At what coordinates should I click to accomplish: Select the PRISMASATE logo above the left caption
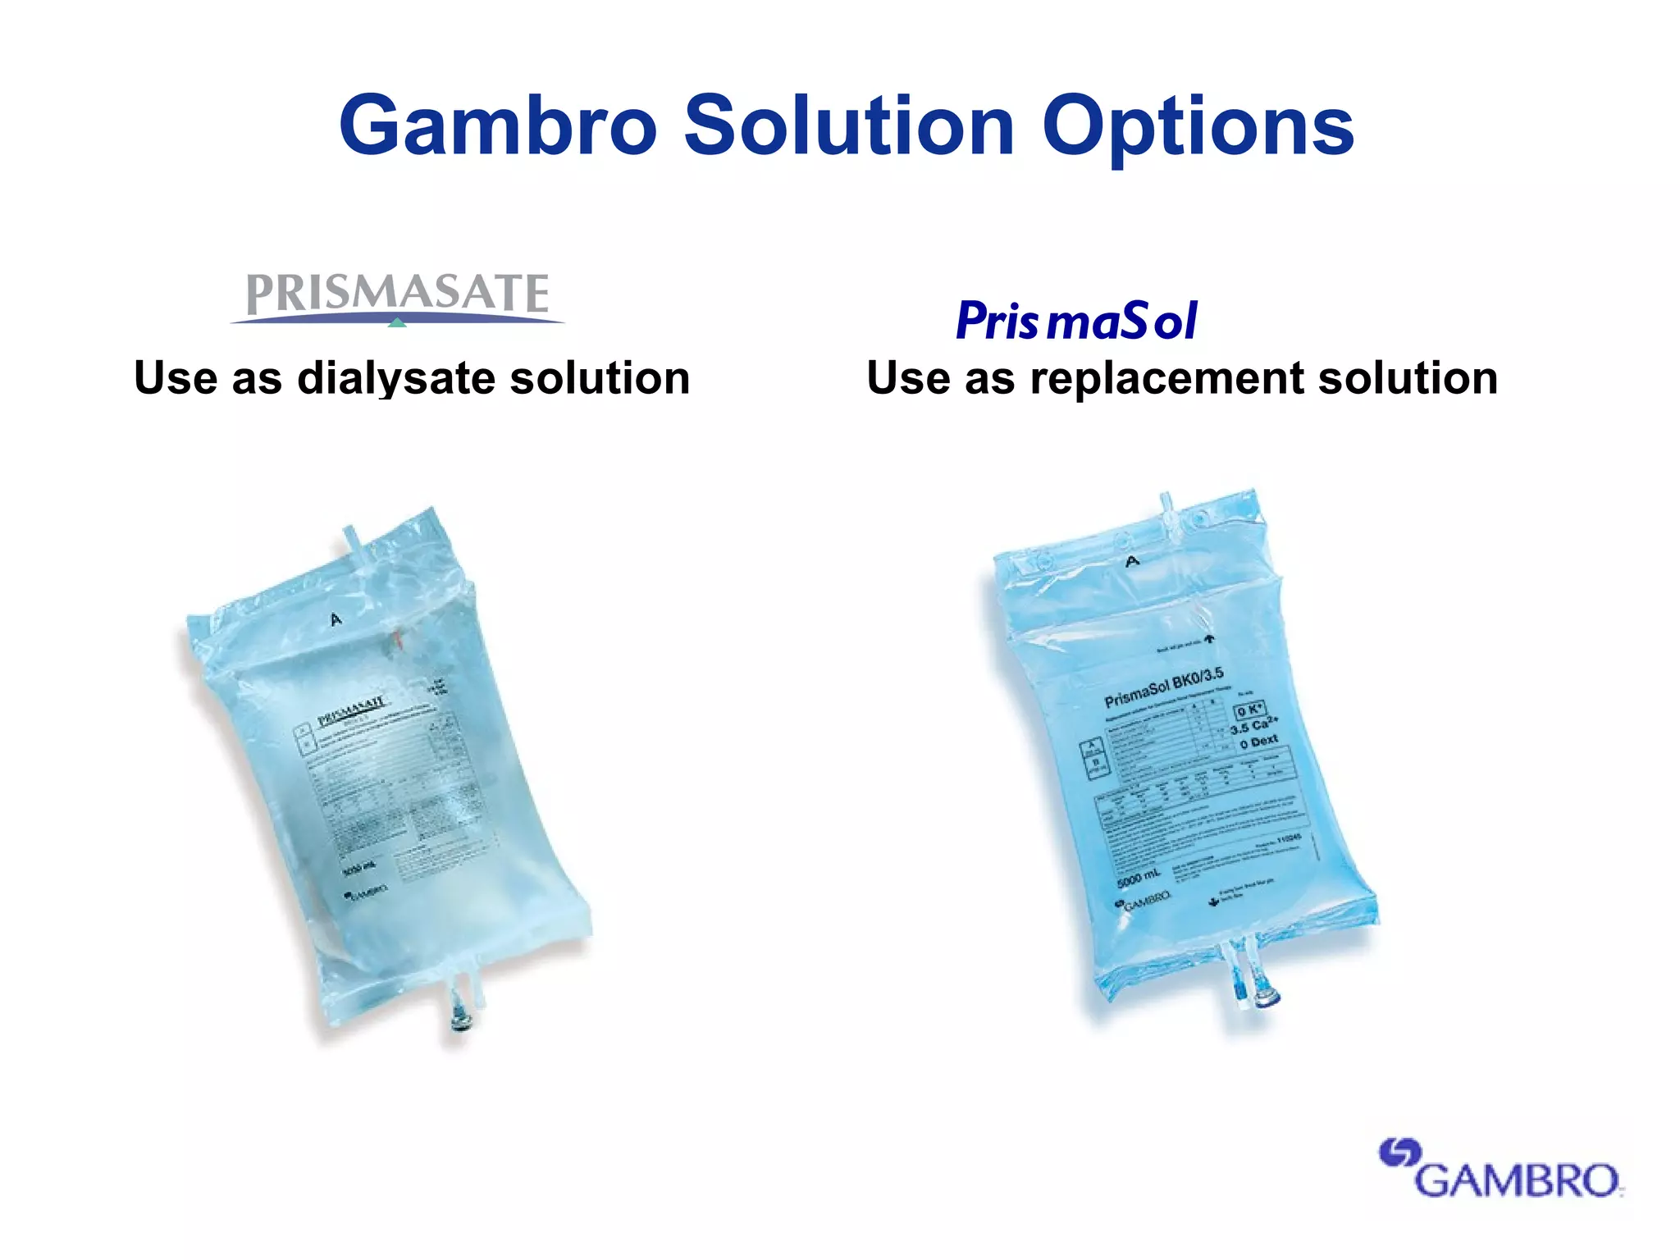pyautogui.click(x=398, y=295)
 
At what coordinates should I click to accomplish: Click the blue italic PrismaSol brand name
pyautogui.click(x=1076, y=320)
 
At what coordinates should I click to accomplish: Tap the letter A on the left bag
pyautogui.click(x=336, y=619)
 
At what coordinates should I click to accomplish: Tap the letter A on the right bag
pyautogui.click(x=1133, y=561)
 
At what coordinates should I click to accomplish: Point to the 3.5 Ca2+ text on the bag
pyautogui.click(x=1253, y=726)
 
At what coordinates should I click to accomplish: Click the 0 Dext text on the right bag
pyautogui.click(x=1258, y=742)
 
